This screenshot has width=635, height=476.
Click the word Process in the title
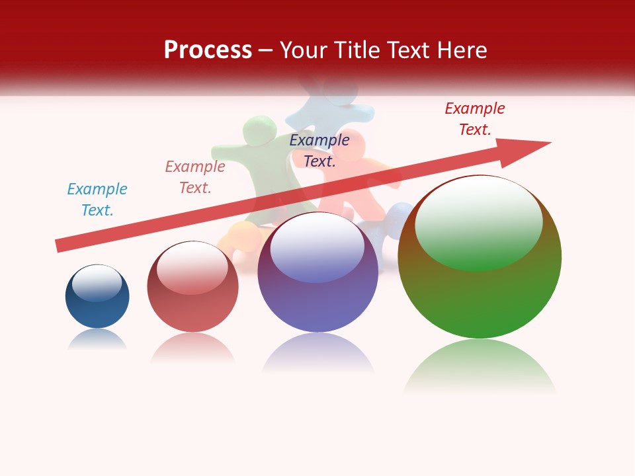pyautogui.click(x=208, y=50)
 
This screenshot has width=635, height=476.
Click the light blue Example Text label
pyautogui.click(x=97, y=200)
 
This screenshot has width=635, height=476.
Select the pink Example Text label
pyautogui.click(x=195, y=177)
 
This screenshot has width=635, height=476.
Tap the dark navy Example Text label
pyautogui.click(x=319, y=151)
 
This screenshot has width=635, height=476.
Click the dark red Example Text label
pyautogui.click(x=475, y=119)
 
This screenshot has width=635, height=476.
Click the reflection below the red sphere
pyautogui.click(x=192, y=346)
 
